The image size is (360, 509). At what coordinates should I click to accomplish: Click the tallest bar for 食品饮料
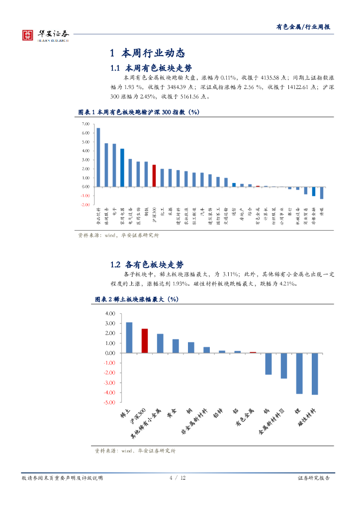pos(98,157)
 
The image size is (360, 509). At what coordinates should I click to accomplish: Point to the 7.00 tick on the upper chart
pos(85,124)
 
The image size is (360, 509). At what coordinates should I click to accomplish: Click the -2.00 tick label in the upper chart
pos(85,204)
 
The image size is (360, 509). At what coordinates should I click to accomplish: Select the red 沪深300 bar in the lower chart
pos(145,340)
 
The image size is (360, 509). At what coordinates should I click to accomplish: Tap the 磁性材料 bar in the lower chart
pos(315,374)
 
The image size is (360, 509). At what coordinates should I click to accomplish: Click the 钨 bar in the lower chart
pos(269,363)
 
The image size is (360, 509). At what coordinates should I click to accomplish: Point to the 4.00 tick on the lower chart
pos(110,314)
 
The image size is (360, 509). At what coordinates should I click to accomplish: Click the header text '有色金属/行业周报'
pos(303,27)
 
